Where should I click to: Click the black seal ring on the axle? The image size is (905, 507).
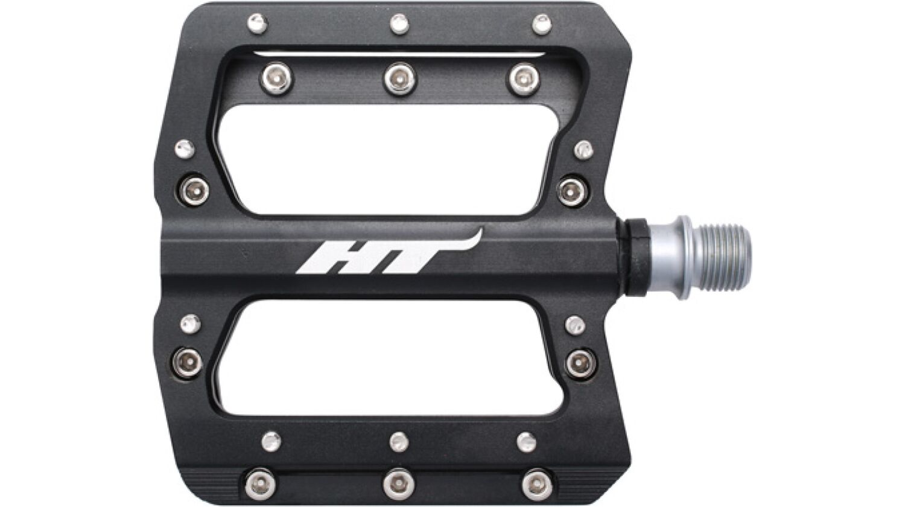coord(637,258)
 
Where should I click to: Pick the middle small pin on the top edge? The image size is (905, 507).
coord(399,24)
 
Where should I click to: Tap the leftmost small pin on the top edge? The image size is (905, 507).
coord(257,24)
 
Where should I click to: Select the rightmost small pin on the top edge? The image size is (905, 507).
coord(541,24)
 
